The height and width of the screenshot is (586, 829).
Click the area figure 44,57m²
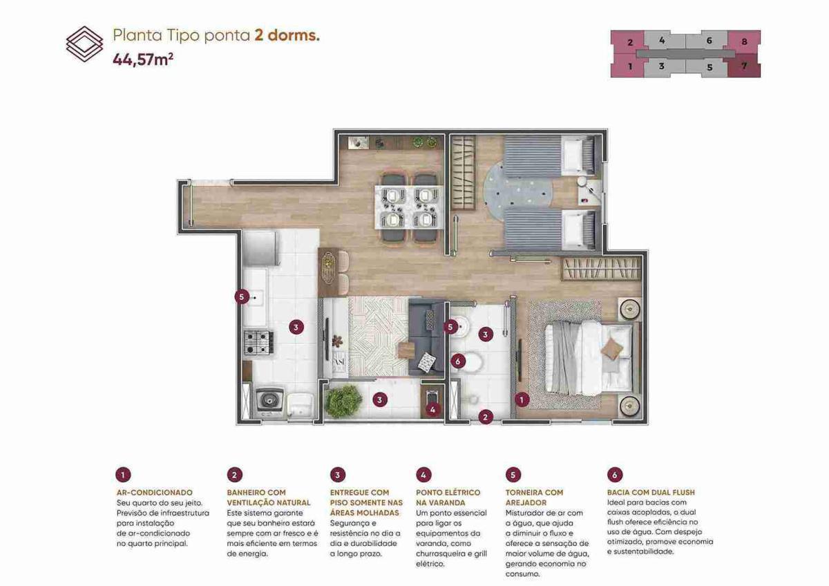tap(143, 59)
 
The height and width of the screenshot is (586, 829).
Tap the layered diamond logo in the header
tap(85, 44)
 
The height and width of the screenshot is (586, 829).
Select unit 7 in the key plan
tap(744, 66)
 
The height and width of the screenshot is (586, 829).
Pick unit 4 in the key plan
tap(662, 40)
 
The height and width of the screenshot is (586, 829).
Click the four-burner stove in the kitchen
tap(258, 342)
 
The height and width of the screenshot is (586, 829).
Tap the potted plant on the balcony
tap(343, 401)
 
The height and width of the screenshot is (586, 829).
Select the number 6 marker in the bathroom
tap(458, 361)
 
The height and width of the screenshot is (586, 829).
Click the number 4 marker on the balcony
tap(432, 410)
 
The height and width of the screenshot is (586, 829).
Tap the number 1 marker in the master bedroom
tap(522, 400)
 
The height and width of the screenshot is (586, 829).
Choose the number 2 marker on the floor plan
tap(486, 417)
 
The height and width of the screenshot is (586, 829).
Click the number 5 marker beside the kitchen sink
tap(242, 297)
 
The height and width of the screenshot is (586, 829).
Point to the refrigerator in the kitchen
tap(261, 248)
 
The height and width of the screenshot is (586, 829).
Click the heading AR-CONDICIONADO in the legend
tap(155, 492)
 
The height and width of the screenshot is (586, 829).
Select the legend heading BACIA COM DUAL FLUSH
tap(651, 492)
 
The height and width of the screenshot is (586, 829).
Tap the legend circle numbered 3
tap(338, 475)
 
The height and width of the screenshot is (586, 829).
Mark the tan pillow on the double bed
tap(611, 349)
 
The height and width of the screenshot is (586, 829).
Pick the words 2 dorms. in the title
tap(287, 35)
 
